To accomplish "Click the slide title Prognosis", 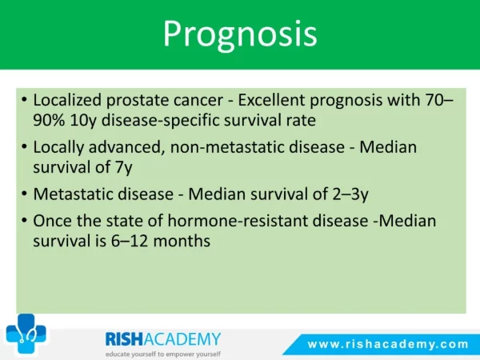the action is click(240, 34).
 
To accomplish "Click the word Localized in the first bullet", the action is click(67, 100).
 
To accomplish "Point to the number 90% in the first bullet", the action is click(49, 120).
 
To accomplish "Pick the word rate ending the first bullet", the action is click(301, 121).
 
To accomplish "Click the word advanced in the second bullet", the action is click(125, 147).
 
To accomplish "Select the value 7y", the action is click(124, 168).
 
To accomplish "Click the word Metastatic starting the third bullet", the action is click(73, 194).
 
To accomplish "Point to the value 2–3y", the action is click(350, 194).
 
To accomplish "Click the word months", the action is click(182, 242).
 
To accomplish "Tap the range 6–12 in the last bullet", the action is click(130, 242).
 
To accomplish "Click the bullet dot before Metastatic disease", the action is click(25, 194).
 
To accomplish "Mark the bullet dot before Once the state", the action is click(25, 221).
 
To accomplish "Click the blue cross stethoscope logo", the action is click(26, 333).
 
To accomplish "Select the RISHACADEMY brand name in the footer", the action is click(163, 339).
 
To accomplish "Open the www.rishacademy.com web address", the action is click(388, 344).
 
